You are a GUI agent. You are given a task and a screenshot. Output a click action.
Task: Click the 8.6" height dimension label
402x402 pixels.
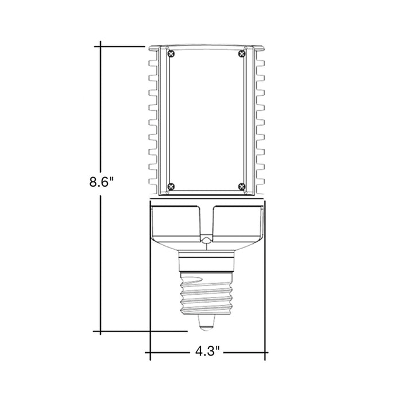pos(102,183)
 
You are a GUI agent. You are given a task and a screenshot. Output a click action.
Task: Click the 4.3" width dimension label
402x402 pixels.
pos(207,350)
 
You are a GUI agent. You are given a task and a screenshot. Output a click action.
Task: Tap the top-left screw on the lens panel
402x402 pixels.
pos(171,53)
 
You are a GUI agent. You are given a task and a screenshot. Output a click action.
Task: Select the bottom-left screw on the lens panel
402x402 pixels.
pos(171,185)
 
